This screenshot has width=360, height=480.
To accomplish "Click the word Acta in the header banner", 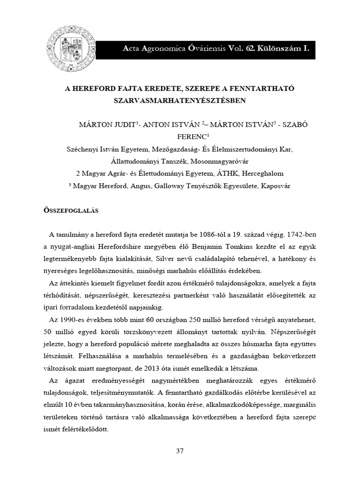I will (132, 48).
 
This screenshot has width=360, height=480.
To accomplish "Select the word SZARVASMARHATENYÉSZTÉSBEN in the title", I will (180, 100).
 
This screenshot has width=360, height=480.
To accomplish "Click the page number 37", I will (180, 451).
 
